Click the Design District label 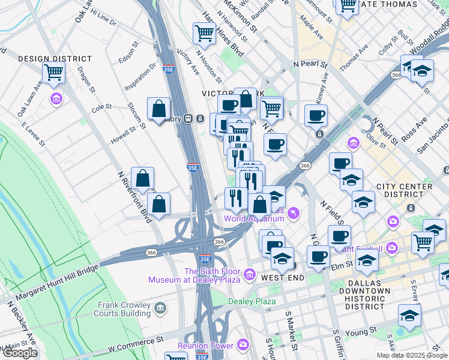pos(55,59)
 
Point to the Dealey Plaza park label pos(252,301)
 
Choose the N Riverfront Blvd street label pos(134,196)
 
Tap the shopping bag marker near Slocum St pos(158,110)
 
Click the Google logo pos(20,353)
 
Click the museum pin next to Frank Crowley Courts pos(159,309)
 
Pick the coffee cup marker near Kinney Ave pos(316,115)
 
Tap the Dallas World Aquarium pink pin pos(293,212)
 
